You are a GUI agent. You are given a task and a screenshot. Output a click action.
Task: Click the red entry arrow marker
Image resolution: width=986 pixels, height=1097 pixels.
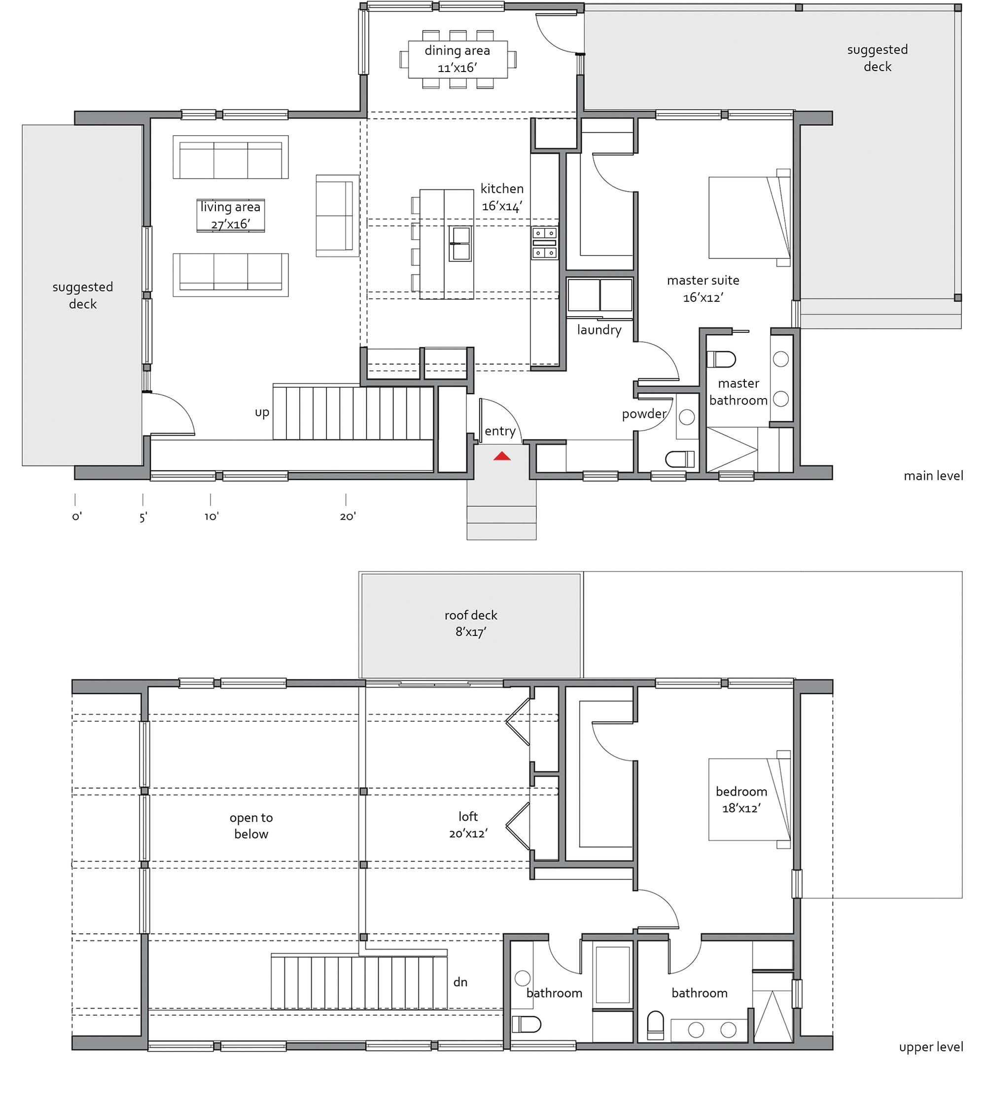[502, 456]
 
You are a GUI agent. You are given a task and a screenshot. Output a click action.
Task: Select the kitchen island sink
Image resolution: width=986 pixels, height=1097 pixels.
[460, 243]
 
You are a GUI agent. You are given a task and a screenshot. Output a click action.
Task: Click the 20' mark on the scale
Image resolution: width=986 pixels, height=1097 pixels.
[347, 516]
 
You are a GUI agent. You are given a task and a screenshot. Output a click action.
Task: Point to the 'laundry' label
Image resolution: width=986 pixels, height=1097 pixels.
[599, 329]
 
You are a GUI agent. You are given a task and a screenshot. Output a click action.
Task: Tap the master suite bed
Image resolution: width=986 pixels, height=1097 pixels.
[749, 217]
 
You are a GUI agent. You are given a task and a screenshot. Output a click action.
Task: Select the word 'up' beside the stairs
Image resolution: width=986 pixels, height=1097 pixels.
[262, 412]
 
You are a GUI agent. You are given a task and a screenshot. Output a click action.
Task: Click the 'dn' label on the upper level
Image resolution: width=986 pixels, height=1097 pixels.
[460, 982]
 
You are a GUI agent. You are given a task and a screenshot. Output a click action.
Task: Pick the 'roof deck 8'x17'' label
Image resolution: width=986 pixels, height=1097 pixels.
[471, 623]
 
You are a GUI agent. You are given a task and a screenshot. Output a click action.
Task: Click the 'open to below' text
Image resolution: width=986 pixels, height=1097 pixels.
[251, 825]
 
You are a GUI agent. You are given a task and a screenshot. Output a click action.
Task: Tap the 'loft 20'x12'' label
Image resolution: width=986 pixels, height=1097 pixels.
[468, 824]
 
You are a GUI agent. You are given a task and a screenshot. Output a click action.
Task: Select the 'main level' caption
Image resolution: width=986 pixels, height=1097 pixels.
[933, 476]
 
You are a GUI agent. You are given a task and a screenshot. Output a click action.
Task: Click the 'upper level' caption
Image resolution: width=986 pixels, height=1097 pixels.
[931, 1047]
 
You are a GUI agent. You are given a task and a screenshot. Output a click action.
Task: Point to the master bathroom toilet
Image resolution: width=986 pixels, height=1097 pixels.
[721, 359]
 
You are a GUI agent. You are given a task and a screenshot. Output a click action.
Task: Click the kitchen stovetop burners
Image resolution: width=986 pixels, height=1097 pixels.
[544, 243]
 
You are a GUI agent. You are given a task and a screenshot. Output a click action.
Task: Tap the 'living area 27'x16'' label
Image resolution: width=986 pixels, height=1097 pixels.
[230, 215]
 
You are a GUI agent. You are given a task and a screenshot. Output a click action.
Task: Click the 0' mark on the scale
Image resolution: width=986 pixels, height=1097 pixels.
[76, 516]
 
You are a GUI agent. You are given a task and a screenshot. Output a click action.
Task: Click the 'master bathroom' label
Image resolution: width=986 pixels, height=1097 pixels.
[739, 392]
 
